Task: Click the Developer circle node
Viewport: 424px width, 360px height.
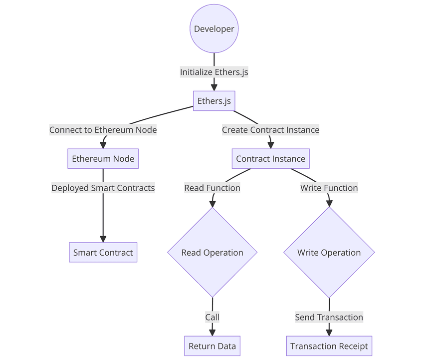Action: click(214, 29)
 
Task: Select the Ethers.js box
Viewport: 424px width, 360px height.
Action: click(214, 101)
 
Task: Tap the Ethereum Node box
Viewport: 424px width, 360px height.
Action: click(103, 159)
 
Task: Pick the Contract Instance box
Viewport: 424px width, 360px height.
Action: click(270, 159)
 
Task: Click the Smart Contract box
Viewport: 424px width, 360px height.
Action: click(103, 252)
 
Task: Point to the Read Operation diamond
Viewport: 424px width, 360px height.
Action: click(212, 252)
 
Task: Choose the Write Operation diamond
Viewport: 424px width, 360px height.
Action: click(329, 252)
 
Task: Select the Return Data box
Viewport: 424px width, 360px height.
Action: click(212, 346)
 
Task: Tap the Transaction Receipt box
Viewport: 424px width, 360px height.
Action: click(329, 346)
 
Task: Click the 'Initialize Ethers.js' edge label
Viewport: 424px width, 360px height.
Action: click(214, 72)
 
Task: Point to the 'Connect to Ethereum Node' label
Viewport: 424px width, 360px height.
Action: click(103, 130)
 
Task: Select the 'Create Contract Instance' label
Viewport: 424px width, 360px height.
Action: click(270, 130)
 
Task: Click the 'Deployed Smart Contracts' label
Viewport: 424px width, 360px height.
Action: click(103, 188)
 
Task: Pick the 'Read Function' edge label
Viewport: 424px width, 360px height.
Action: click(212, 188)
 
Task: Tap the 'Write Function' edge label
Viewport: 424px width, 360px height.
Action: click(329, 188)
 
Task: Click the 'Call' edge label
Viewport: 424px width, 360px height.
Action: click(212, 317)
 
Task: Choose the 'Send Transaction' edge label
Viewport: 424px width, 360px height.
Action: click(329, 317)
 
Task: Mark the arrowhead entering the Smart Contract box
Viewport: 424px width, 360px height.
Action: click(103, 239)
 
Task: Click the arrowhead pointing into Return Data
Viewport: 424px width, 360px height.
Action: click(212, 332)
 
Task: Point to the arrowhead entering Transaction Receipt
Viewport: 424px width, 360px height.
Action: click(329, 332)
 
